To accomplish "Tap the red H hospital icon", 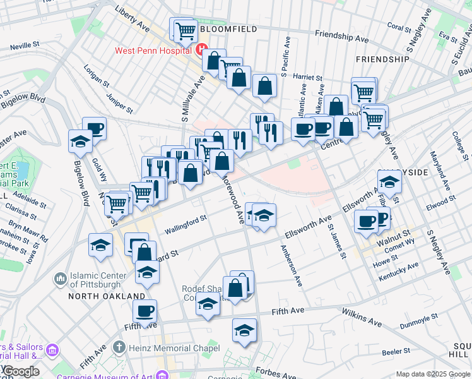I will pos(201,50).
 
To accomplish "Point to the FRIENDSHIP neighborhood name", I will pos(382,59).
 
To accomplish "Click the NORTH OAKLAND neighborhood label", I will pos(110,296).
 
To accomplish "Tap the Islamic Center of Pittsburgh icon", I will pos(61,278).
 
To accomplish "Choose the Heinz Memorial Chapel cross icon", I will pos(119,347).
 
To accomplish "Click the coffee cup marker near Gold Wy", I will pos(95,128).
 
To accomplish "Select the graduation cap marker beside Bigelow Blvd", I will pos(81,141).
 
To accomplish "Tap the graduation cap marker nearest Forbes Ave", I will pos(244,330).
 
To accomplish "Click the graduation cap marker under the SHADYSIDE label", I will pos(389,182).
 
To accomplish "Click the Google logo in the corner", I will pos(21,371).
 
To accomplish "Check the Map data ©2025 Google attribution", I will pos(432,374).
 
